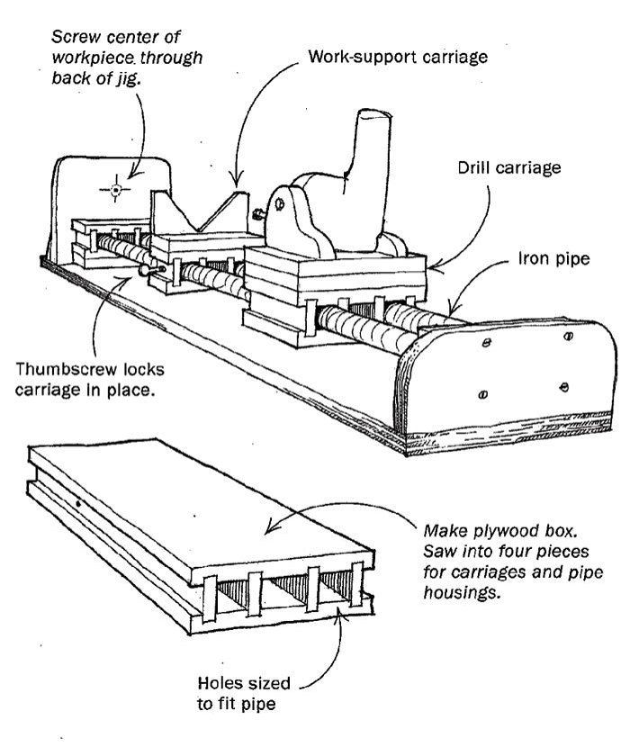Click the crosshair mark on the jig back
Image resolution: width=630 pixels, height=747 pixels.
[x=115, y=189]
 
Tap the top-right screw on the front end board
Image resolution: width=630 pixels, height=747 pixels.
[x=568, y=337]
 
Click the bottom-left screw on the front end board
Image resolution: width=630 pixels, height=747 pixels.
[x=483, y=392]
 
